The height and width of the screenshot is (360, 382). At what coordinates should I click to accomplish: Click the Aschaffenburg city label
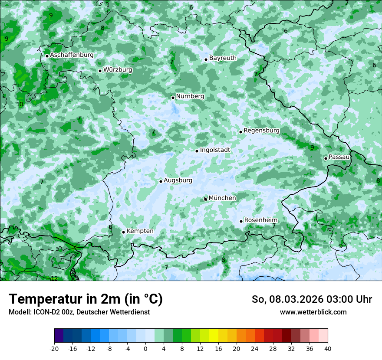72,55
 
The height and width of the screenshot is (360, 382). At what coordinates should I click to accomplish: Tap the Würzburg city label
118,70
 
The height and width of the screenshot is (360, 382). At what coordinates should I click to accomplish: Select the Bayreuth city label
223,58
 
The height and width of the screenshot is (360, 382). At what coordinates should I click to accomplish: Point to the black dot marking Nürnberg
173,98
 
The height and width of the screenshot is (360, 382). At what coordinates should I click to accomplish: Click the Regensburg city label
261,131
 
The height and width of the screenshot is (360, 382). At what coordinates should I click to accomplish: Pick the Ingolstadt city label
215,150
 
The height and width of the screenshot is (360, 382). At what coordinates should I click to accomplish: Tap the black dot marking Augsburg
161,181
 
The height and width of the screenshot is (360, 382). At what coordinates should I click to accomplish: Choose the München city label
222,198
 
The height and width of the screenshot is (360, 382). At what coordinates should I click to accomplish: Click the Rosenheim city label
260,220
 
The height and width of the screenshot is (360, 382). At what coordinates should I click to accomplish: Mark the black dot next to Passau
326,158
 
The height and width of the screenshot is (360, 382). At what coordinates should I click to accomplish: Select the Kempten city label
140,231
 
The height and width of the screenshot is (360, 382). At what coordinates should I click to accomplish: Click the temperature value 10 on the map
20,104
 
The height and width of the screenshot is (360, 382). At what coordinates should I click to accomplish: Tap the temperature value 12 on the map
54,278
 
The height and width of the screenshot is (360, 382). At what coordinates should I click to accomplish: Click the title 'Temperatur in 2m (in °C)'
86,299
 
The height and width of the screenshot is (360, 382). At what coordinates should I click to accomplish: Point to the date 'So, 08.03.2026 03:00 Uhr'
312,299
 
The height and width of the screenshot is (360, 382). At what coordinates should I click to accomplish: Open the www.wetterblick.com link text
313,312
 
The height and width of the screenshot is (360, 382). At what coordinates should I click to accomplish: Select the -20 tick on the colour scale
54,349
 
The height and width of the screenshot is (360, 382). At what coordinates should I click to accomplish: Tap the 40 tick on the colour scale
328,349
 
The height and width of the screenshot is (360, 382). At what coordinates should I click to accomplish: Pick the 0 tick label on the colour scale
145,349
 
